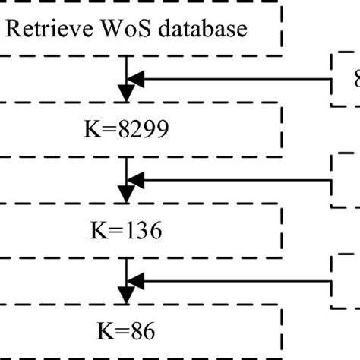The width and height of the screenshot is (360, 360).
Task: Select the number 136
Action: pos(141,229)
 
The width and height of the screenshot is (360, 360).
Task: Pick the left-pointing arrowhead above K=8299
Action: pos(136,76)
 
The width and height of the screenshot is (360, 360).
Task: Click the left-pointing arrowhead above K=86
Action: pos(136,281)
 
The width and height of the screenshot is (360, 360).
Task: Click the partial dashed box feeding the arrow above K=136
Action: pos(346,180)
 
